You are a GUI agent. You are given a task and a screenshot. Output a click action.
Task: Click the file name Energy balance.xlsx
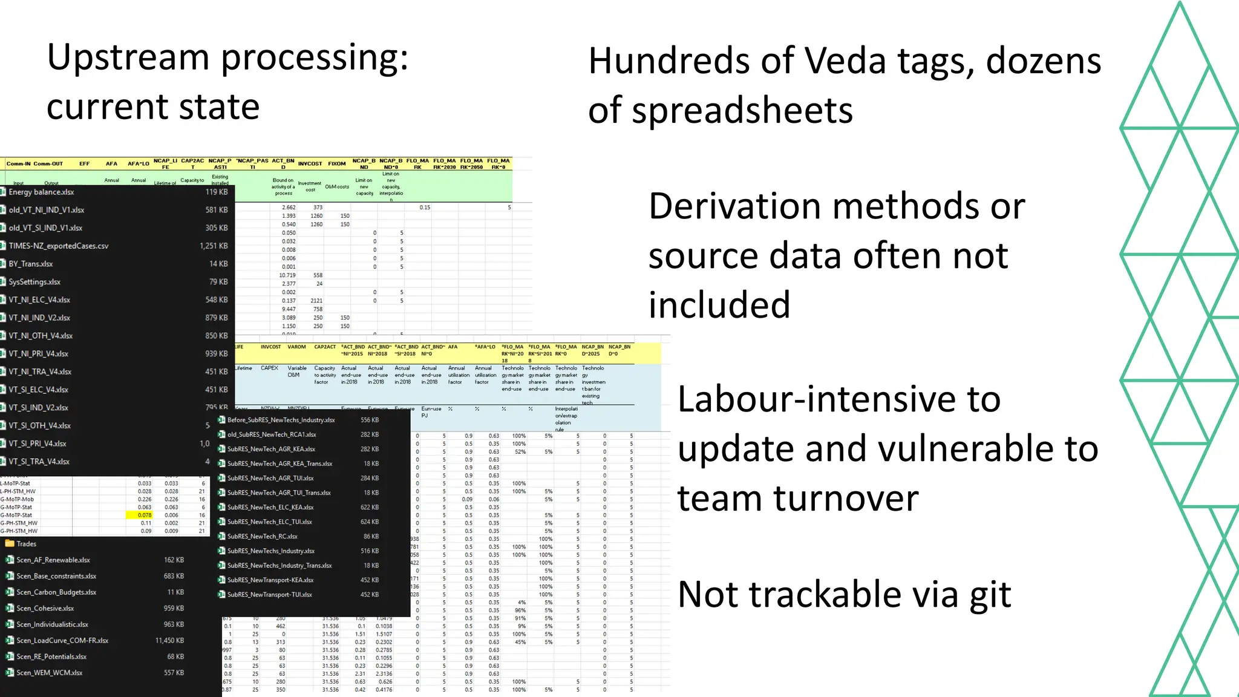(41, 192)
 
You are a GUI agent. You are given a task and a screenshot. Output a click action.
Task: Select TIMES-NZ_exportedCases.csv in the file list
(59, 246)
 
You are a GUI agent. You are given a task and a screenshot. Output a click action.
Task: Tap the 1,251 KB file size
(214, 246)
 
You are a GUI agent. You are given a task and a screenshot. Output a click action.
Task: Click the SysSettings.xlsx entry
(34, 282)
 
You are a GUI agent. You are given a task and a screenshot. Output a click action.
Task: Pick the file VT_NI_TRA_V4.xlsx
(40, 371)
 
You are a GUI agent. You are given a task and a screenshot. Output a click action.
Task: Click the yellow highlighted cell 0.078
(144, 515)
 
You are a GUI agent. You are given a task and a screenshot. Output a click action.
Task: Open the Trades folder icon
(10, 543)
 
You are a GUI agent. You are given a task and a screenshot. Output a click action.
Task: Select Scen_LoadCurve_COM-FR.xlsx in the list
(62, 640)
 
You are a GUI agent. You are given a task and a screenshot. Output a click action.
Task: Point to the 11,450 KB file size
(169, 640)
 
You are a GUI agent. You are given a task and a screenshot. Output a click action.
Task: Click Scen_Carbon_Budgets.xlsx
(56, 592)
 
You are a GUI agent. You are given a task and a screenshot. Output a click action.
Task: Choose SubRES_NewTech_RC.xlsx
(262, 536)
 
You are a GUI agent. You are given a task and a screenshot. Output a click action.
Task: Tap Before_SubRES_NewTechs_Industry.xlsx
(281, 420)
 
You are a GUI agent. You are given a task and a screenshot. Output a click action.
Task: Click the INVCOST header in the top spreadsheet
(310, 163)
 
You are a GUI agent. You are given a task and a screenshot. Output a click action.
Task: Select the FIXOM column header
(337, 163)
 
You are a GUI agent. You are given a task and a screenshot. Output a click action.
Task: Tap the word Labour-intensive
(839, 399)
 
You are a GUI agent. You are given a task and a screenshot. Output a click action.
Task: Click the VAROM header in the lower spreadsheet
(296, 347)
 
